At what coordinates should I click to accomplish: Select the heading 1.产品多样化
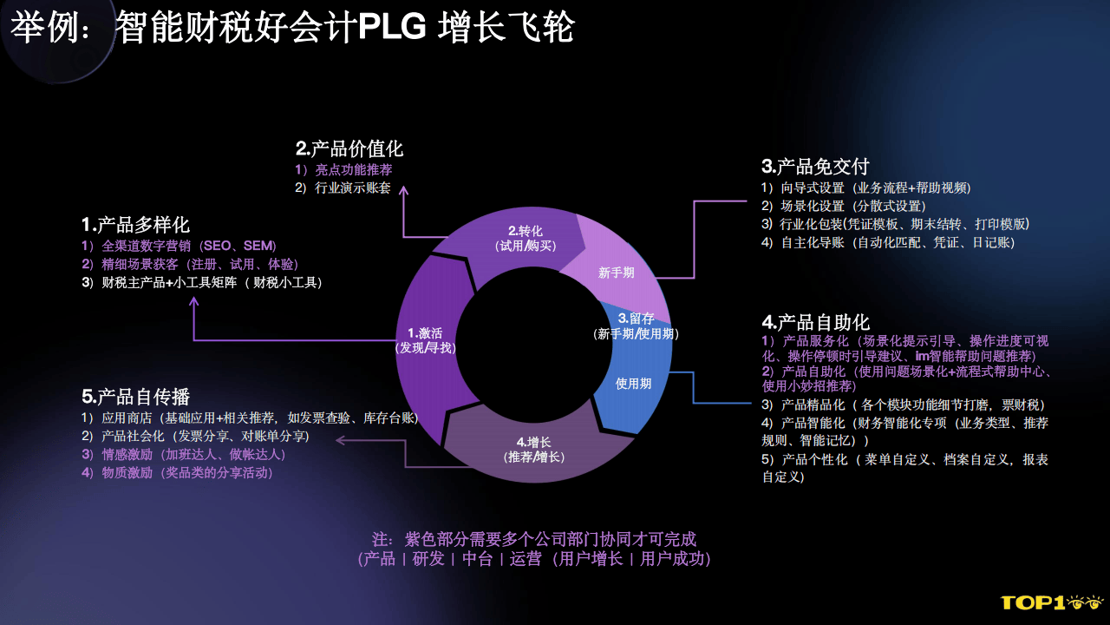pyautogui.click(x=135, y=225)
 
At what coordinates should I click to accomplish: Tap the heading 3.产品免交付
pyautogui.click(x=815, y=166)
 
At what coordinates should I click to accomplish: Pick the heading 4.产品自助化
pyautogui.click(x=815, y=323)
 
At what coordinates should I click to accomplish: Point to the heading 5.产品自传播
pyautogui.click(x=135, y=397)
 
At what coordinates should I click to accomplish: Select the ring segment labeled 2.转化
pyautogui.click(x=526, y=239)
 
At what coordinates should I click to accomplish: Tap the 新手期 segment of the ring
pyautogui.click(x=617, y=272)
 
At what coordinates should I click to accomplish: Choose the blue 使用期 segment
pyautogui.click(x=634, y=383)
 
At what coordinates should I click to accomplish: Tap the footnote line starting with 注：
pyautogui.click(x=534, y=539)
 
